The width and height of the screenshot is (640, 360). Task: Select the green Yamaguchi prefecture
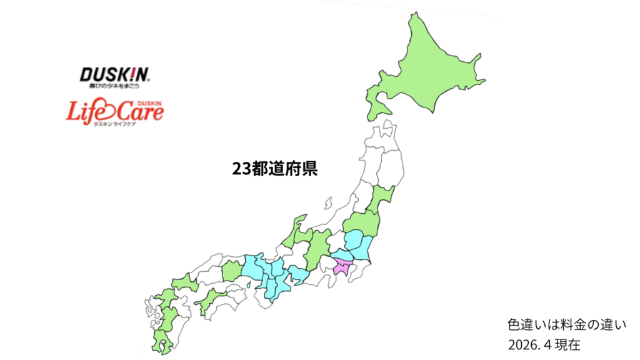click(x=184, y=283)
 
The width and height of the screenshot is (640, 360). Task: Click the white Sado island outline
click(x=327, y=204)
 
